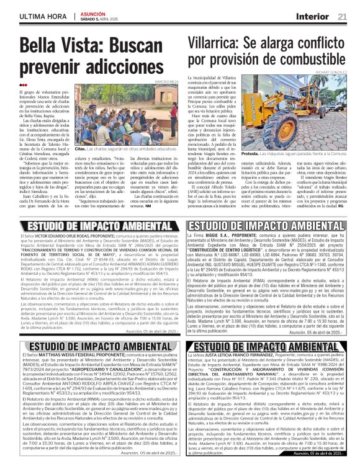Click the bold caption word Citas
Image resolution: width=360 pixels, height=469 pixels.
(x=79, y=150)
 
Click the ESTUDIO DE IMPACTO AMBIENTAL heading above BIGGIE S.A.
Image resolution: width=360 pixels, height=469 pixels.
(x=268, y=226)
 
